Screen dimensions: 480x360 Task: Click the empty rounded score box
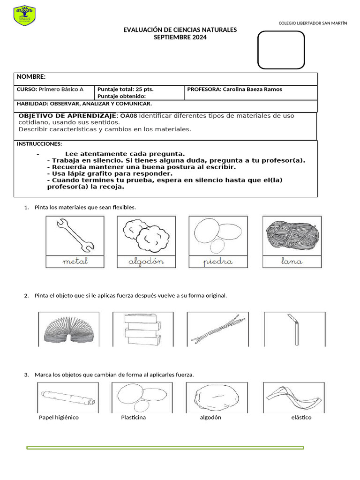click(x=281, y=50)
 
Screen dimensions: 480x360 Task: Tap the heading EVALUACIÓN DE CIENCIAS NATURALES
click(x=180, y=30)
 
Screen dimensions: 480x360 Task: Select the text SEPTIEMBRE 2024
click(x=180, y=37)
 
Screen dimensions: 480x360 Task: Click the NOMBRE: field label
click(x=31, y=77)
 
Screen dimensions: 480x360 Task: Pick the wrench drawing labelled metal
click(x=75, y=235)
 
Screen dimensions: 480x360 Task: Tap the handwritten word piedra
click(x=218, y=262)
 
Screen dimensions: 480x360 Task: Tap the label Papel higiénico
click(x=59, y=417)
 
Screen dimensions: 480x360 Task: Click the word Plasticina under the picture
click(x=133, y=417)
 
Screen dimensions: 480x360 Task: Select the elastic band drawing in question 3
click(x=293, y=397)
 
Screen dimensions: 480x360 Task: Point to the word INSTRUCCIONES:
click(x=39, y=144)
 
